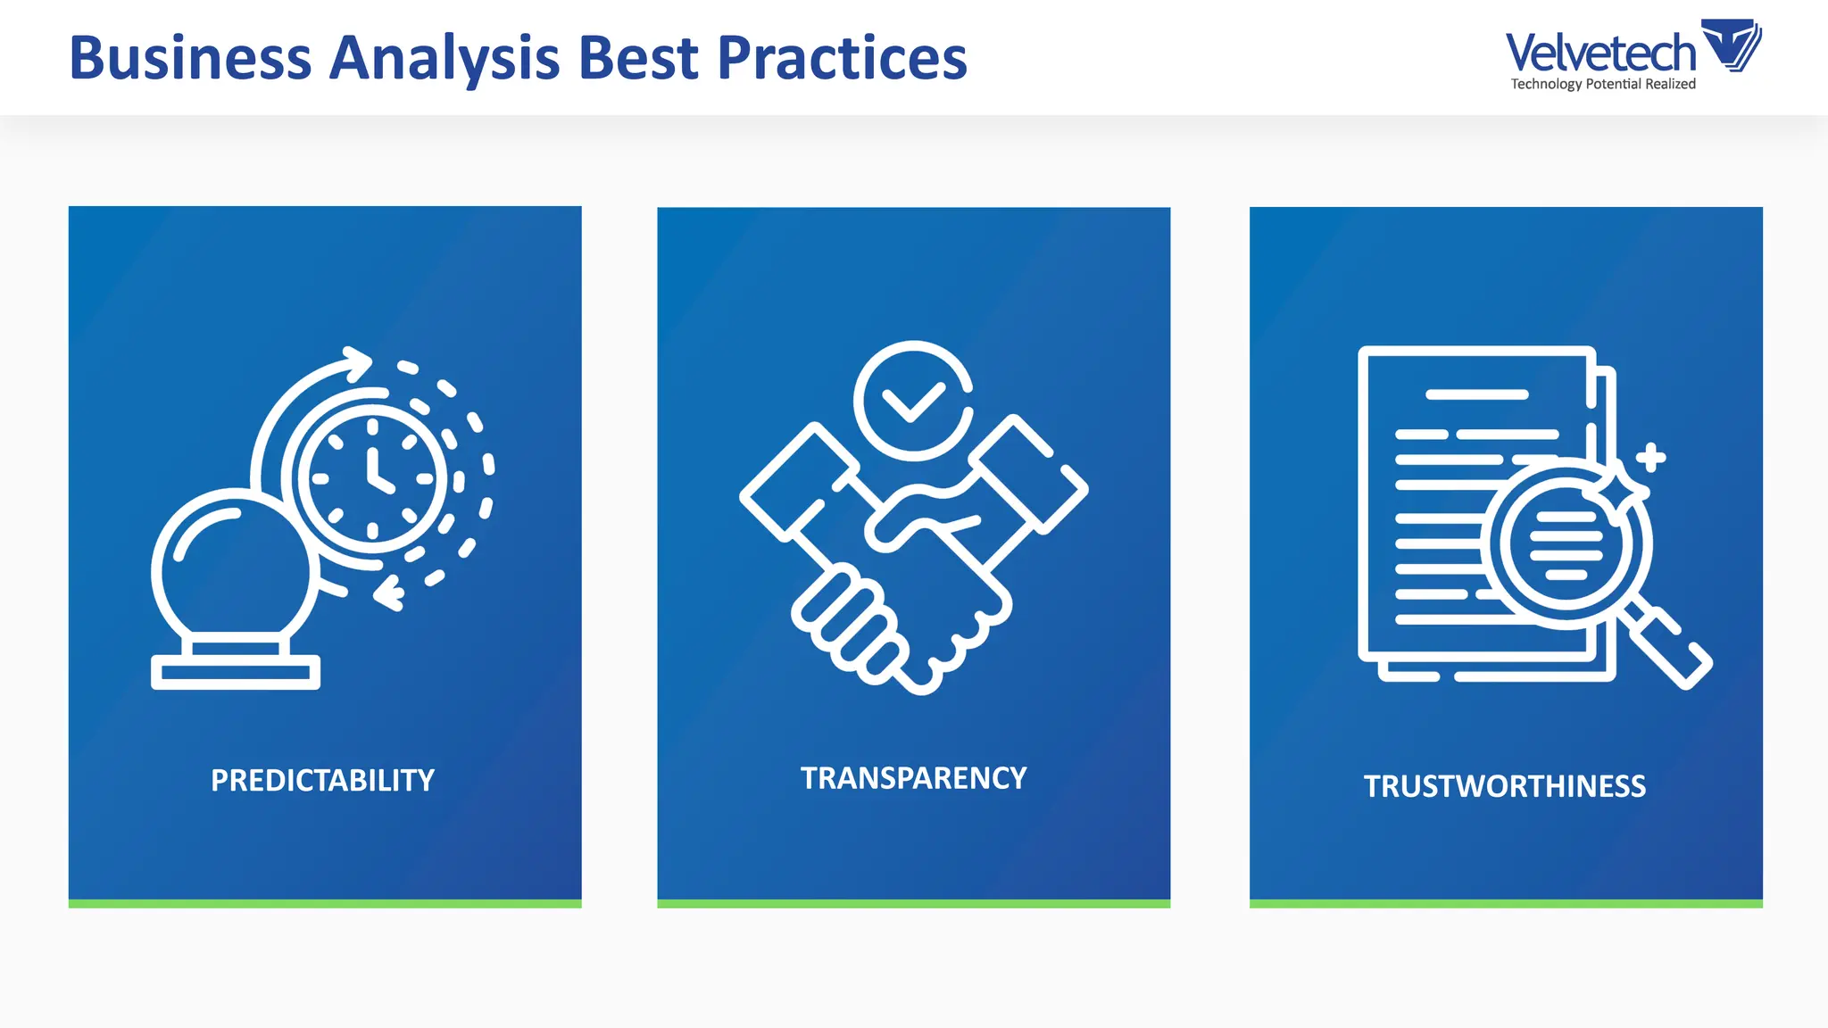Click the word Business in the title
[190, 59]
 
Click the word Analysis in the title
[445, 59]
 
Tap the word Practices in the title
[842, 59]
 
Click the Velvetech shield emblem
[1731, 45]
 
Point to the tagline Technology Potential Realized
[1603, 84]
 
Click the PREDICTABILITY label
[322, 781]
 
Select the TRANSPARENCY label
[913, 778]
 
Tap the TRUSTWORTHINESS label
[1505, 786]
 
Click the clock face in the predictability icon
[372, 478]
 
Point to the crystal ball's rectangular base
[236, 672]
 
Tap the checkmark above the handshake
[912, 401]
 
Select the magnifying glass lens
[1566, 543]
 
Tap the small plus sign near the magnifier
[1650, 457]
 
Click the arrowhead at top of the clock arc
[358, 362]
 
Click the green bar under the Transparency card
[913, 904]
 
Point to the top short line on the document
[1476, 394]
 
